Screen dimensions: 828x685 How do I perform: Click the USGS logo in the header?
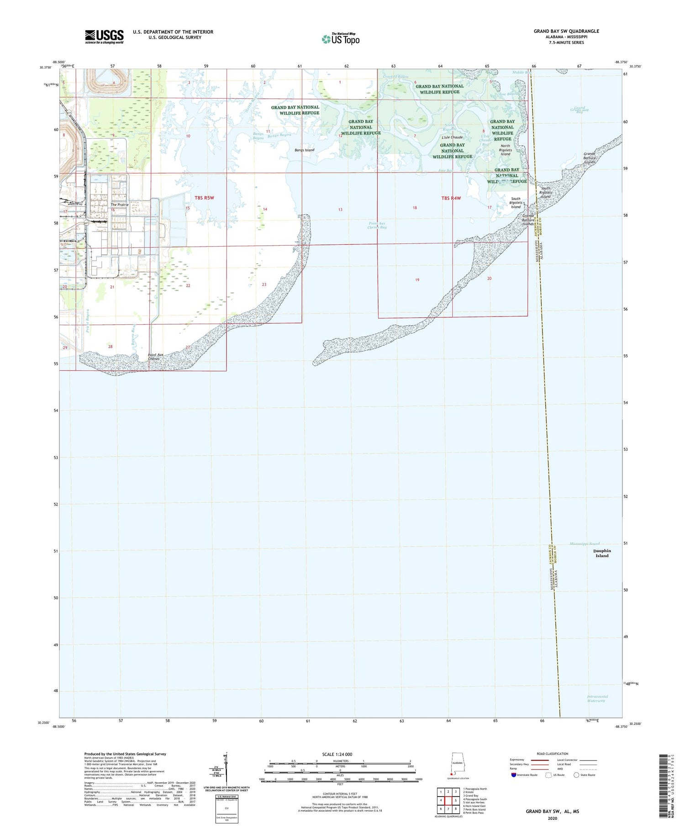point(104,37)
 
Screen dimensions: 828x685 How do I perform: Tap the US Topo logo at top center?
point(341,39)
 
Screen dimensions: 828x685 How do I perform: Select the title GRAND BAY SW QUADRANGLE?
point(566,31)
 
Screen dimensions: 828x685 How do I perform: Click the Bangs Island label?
point(304,150)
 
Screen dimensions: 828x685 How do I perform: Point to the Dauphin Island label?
point(602,553)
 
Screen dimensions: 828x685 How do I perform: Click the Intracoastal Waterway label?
point(597,698)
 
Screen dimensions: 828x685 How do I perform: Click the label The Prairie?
point(120,205)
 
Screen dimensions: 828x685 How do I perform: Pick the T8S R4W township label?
point(451,198)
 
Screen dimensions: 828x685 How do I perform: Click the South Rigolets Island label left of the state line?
point(516,203)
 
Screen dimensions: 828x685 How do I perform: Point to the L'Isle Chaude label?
point(452,137)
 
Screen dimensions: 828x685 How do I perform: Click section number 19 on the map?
point(417,280)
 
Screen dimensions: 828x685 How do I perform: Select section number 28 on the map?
point(110,347)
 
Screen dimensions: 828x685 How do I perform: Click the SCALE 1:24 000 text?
point(337,754)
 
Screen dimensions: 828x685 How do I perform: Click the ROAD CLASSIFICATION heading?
point(552,754)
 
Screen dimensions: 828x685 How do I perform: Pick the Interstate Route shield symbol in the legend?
point(513,775)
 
